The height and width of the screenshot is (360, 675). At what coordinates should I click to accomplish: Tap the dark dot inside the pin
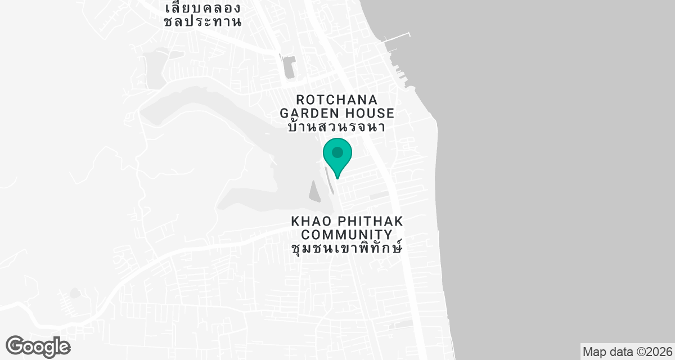337,152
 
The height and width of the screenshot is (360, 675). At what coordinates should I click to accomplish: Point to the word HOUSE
367,112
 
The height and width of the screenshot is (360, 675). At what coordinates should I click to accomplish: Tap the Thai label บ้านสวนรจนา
336,127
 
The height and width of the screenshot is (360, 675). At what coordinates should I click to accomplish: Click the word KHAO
310,220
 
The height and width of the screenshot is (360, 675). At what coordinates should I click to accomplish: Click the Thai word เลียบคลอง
203,8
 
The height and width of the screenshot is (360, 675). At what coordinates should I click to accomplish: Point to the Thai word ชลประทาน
203,22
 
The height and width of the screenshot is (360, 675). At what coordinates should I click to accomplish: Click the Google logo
38,346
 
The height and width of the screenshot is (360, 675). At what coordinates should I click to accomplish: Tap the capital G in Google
16,346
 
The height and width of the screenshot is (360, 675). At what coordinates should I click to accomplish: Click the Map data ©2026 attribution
627,352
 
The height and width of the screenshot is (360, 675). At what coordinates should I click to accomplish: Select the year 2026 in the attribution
659,352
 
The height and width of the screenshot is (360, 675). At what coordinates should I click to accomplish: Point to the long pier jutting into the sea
397,38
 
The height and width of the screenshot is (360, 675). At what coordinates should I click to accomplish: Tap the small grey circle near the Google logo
75,293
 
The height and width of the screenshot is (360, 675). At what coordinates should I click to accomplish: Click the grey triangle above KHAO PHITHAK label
314,193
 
